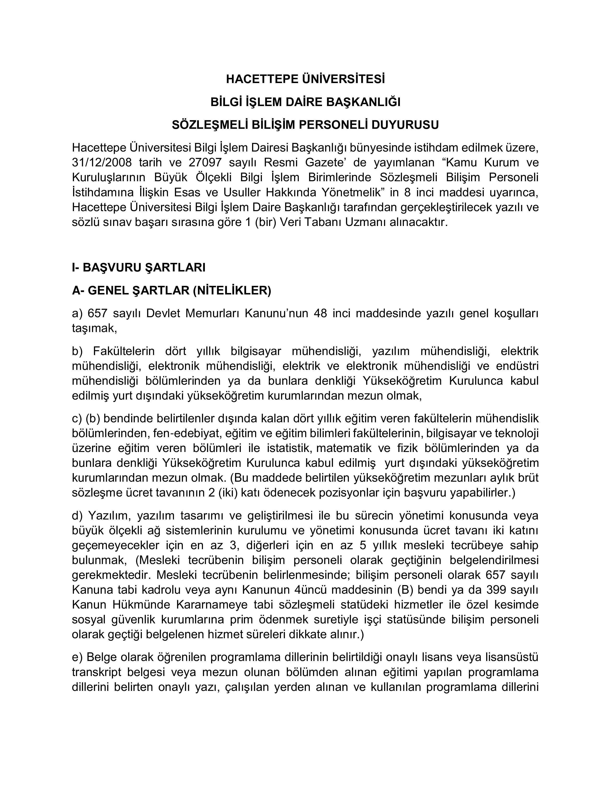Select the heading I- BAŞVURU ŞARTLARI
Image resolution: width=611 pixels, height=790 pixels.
(139, 268)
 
